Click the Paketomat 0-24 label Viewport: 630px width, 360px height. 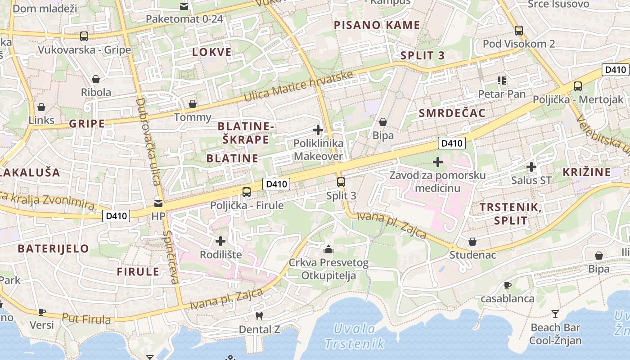[x=184, y=19]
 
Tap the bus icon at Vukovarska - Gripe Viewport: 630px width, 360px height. [x=84, y=36]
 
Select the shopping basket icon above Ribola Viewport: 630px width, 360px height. [x=96, y=80]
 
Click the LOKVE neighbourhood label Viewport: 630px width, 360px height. [x=212, y=52]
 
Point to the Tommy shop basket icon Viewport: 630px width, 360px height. [x=193, y=104]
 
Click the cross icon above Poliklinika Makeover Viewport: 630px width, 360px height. [x=318, y=130]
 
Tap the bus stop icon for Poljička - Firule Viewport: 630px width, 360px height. [x=247, y=192]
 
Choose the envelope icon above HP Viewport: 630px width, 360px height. [x=158, y=203]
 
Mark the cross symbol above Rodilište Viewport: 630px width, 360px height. [x=220, y=241]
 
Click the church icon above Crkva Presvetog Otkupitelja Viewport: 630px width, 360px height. [x=328, y=249]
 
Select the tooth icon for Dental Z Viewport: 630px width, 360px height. [x=259, y=316]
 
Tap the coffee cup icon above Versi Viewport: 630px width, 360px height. [x=42, y=311]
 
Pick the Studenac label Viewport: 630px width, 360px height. [x=472, y=255]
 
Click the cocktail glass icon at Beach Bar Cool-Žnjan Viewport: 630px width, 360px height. [x=555, y=314]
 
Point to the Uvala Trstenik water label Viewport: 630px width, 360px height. [x=355, y=336]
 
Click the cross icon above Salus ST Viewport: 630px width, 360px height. [x=531, y=167]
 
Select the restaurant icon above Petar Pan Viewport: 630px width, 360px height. [x=502, y=81]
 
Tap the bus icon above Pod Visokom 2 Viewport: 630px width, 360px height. [x=519, y=31]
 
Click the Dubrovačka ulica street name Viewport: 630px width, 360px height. [x=148, y=142]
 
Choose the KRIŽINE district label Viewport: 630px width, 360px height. [x=587, y=172]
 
